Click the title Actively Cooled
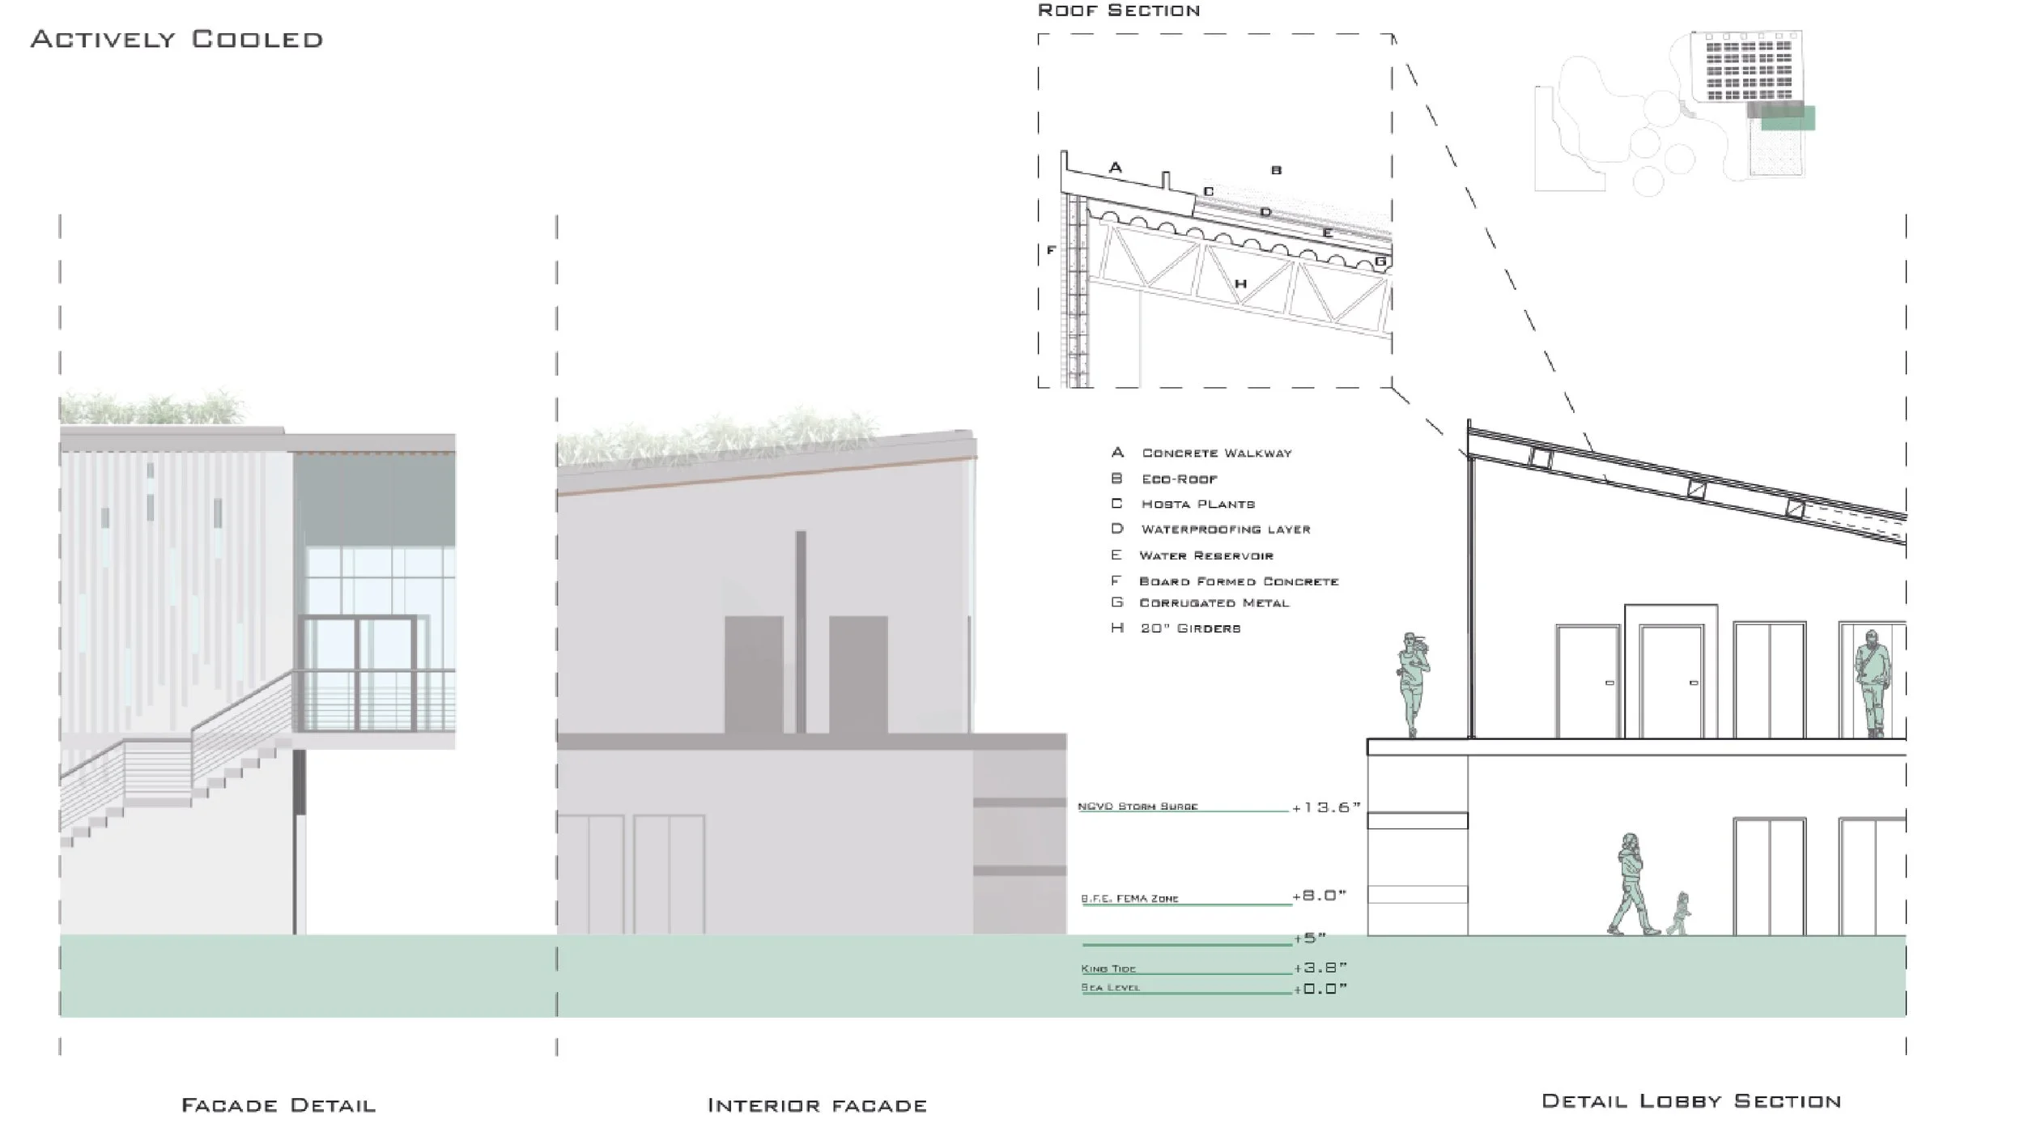pyautogui.click(x=176, y=40)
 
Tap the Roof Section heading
pyautogui.click(x=1118, y=11)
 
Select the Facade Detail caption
pyautogui.click(x=279, y=1105)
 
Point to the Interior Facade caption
pyautogui.click(x=817, y=1105)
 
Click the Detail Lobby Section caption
pyautogui.click(x=1691, y=1101)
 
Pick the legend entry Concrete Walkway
pyautogui.click(x=1216, y=453)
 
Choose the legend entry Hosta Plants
pyautogui.click(x=1197, y=504)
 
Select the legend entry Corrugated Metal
pyautogui.click(x=1214, y=603)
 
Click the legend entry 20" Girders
pyautogui.click(x=1190, y=628)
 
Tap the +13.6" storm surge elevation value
pyautogui.click(x=1326, y=808)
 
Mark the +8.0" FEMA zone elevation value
pyautogui.click(x=1319, y=896)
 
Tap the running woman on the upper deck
pyautogui.click(x=1413, y=684)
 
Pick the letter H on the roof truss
pyautogui.click(x=1239, y=284)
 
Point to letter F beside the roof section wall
pyautogui.click(x=1051, y=251)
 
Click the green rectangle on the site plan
pyautogui.click(x=1788, y=118)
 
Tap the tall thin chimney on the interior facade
pyautogui.click(x=801, y=632)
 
